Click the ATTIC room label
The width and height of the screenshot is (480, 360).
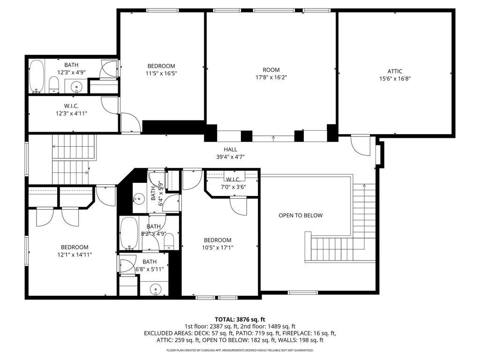click(x=395, y=71)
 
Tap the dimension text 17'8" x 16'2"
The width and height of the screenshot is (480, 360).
click(x=271, y=77)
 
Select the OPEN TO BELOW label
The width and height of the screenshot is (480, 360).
click(x=300, y=216)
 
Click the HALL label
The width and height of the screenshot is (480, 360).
click(x=230, y=150)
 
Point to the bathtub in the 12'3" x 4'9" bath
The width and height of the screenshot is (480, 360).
click(x=37, y=76)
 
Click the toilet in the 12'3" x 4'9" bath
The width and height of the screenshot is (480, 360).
click(x=54, y=84)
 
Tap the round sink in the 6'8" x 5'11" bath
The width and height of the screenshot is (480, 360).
click(x=156, y=289)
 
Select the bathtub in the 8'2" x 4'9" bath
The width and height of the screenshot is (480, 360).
click(x=129, y=234)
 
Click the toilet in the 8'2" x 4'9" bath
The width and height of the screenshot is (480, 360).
click(x=169, y=242)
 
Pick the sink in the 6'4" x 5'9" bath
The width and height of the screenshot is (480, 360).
click(x=139, y=198)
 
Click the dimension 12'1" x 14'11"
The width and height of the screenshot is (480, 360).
click(x=75, y=255)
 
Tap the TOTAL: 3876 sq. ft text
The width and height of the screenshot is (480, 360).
click(x=240, y=320)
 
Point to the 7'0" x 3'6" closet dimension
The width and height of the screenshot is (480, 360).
click(x=233, y=187)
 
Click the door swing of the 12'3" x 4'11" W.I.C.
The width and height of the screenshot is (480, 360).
click(x=109, y=106)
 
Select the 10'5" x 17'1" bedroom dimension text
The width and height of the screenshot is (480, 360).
click(x=217, y=247)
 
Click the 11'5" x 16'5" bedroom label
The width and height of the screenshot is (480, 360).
click(x=161, y=66)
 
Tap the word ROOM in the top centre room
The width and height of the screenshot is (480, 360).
click(x=271, y=70)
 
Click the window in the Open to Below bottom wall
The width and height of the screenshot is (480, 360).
click(x=303, y=293)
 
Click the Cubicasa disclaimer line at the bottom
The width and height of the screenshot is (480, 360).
click(x=240, y=350)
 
